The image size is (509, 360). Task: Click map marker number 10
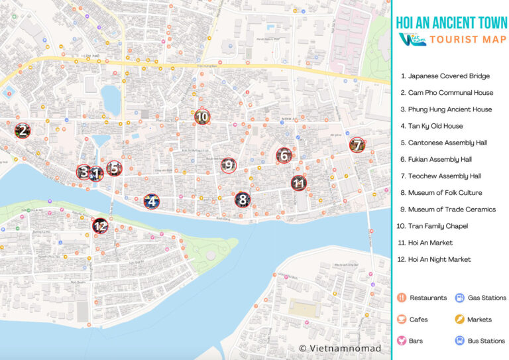(x=202, y=117)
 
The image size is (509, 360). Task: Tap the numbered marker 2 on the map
(x=23, y=131)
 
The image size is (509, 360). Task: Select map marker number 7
(x=357, y=145)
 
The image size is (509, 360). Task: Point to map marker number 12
(x=100, y=226)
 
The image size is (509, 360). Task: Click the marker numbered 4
(x=152, y=202)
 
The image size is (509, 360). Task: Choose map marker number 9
(x=229, y=165)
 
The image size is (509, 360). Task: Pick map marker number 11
(x=299, y=183)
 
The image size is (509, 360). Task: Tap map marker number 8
(x=243, y=199)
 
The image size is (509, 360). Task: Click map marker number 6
(x=284, y=156)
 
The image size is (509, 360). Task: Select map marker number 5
(x=114, y=168)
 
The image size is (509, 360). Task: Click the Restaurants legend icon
(x=402, y=298)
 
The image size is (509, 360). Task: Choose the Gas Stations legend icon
(x=459, y=298)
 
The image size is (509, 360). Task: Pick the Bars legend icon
(x=402, y=340)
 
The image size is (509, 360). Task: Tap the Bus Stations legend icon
(x=459, y=340)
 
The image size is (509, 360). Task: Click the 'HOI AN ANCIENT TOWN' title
(x=451, y=22)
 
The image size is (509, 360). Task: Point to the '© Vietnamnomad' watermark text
(x=340, y=348)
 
